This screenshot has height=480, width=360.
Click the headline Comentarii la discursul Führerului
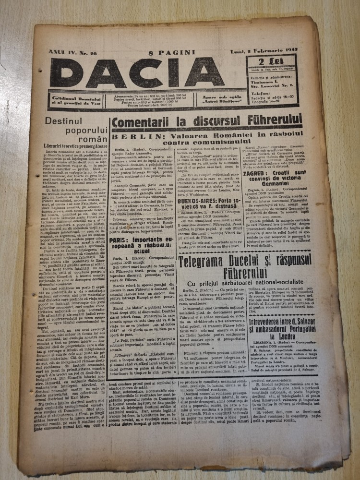(x=207, y=121)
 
